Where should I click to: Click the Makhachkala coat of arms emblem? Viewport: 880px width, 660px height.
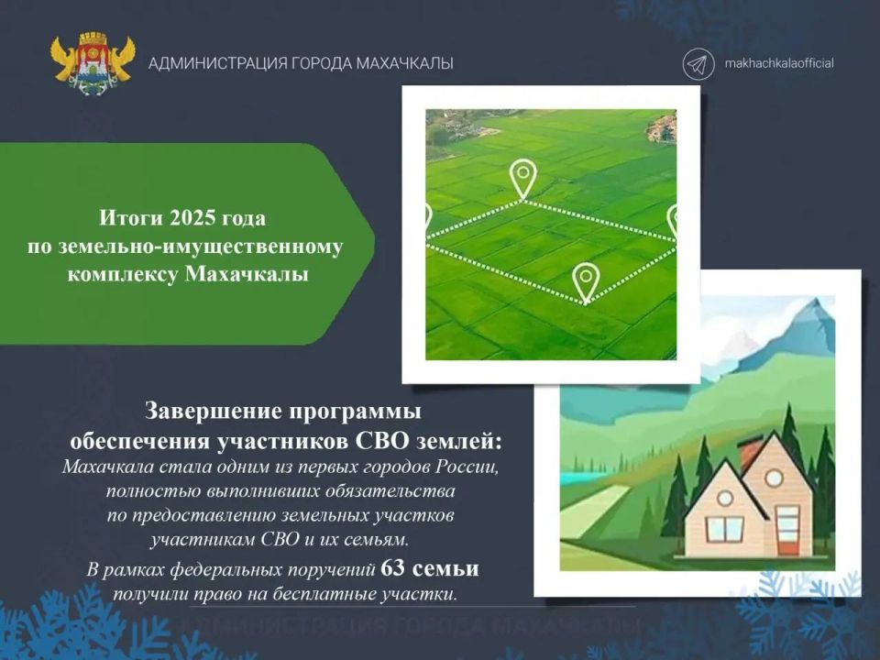93,63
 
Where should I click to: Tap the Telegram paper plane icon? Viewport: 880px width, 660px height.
698,63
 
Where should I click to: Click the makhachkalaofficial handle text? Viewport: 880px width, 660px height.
779,63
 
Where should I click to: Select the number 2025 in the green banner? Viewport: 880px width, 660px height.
192,217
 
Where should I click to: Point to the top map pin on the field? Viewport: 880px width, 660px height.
523,179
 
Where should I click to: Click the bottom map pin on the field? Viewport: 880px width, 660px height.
586,283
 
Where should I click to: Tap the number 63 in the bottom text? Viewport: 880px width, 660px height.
392,568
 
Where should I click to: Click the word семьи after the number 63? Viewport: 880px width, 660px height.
445,569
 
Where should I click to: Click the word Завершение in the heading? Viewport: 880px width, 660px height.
214,412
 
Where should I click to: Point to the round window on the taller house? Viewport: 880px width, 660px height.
775,478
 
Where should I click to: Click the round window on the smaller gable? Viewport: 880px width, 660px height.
725,498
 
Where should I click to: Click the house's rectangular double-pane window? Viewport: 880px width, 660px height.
724,531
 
